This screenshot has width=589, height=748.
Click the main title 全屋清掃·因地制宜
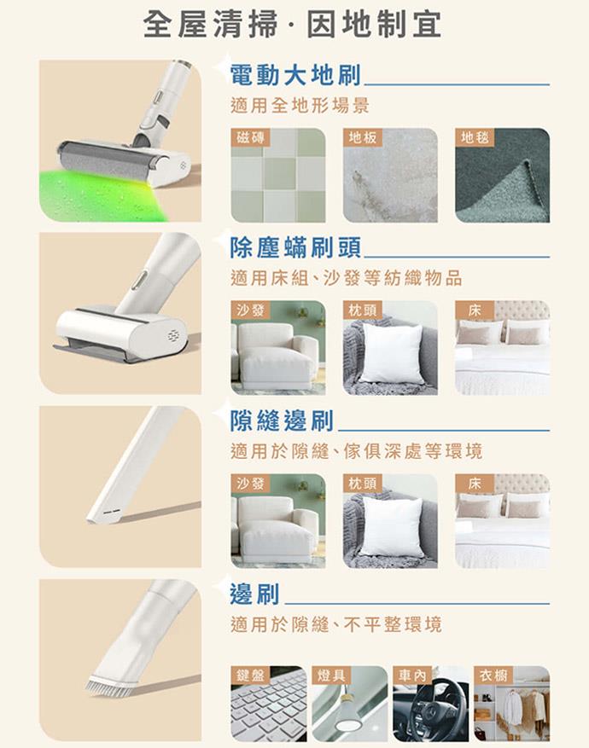pyautogui.click(x=292, y=25)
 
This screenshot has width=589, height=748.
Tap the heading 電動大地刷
pyautogui.click(x=295, y=75)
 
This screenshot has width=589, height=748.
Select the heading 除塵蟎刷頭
pyautogui.click(x=295, y=248)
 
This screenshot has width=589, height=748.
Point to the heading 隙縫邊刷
pyautogui.click(x=282, y=420)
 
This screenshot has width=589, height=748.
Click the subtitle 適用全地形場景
pyautogui.click(x=300, y=106)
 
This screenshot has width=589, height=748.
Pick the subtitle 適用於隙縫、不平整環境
pyautogui.click(x=336, y=624)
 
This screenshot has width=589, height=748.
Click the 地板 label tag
pyautogui.click(x=363, y=137)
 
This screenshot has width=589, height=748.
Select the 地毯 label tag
pyautogui.click(x=475, y=137)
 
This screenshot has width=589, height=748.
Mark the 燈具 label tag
pyautogui.click(x=331, y=675)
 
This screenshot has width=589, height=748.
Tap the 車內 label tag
pyautogui.click(x=412, y=675)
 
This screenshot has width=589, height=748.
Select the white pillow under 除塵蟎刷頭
pyautogui.click(x=392, y=352)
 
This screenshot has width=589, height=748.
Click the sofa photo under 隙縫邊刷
pyautogui.click(x=278, y=520)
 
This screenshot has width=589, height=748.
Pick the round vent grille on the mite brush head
pyautogui.click(x=175, y=335)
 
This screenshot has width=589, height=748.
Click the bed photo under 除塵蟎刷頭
pyautogui.click(x=502, y=347)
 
